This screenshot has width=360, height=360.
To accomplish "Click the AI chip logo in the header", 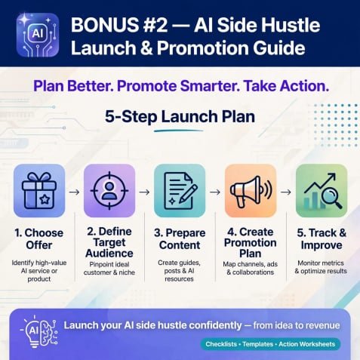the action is [x=38, y=35].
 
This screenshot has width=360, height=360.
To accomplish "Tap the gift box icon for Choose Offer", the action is [x=39, y=191].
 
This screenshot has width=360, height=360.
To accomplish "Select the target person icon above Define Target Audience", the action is [x=109, y=191].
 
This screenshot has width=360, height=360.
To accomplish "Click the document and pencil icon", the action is [x=180, y=191].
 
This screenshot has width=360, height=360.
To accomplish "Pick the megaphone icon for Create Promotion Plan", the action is [x=251, y=191].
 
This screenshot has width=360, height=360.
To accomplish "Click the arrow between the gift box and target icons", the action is [x=74, y=192].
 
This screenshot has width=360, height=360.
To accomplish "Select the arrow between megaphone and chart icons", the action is [x=286, y=192].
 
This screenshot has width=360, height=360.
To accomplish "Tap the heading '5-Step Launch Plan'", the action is [x=180, y=117].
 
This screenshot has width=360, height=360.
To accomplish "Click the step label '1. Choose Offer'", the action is [x=39, y=238].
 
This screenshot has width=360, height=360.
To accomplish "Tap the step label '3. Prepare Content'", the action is [x=180, y=238].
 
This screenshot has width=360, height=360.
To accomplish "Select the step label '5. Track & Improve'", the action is [x=322, y=238].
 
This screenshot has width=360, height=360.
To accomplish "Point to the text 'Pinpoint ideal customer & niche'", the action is [x=109, y=269].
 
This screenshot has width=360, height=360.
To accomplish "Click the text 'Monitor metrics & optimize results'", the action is [x=321, y=267].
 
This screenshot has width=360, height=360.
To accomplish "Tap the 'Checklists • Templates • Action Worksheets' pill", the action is [x=270, y=344].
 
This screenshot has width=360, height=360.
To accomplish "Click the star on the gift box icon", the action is [x=45, y=200].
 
